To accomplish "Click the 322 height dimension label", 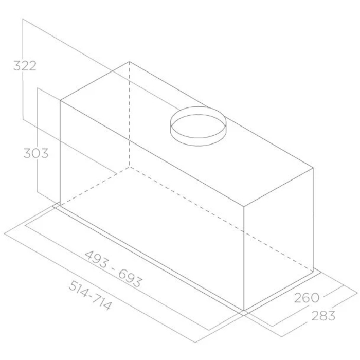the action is click(x=25, y=66).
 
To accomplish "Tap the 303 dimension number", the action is click(x=36, y=153).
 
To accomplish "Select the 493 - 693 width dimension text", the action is click(x=113, y=268).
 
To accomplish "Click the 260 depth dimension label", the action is click(x=307, y=298).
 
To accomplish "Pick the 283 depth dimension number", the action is click(x=323, y=315).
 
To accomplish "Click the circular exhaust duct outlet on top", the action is click(x=199, y=127).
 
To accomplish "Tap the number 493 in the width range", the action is click(x=96, y=259).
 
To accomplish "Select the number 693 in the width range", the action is click(x=130, y=278).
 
